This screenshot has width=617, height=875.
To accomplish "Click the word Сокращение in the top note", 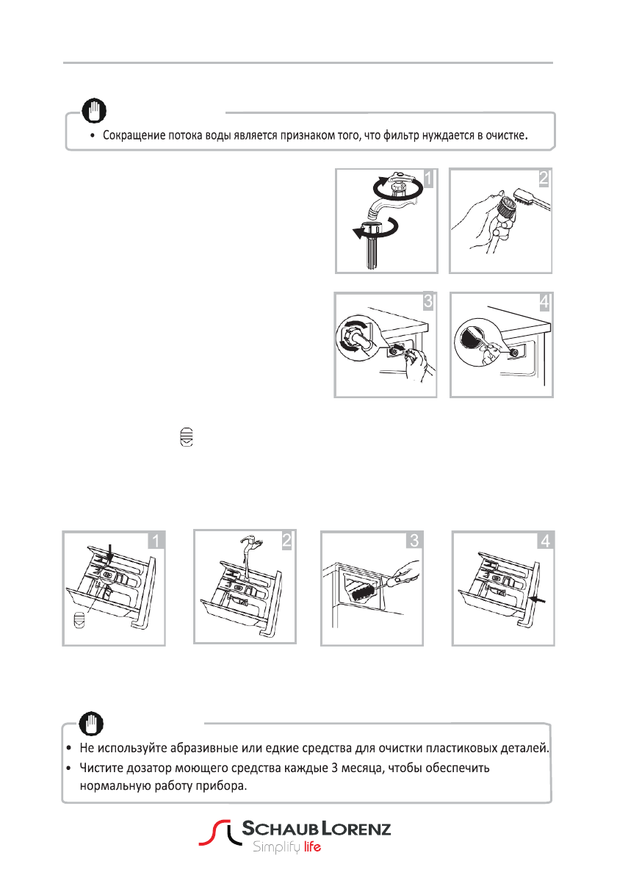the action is (131, 137).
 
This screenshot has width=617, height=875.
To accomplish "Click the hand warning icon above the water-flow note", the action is (95, 111).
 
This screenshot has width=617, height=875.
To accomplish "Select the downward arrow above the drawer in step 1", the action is (109, 552).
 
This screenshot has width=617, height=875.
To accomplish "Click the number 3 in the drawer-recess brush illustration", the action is (414, 541).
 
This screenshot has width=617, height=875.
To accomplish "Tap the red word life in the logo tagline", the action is (312, 846).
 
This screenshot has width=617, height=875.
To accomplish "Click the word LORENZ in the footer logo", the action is (356, 829).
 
